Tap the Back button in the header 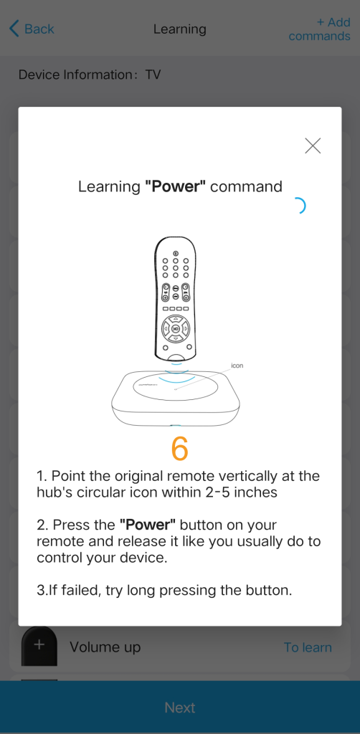click(x=32, y=29)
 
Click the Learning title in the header click(x=180, y=29)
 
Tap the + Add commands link click(x=320, y=29)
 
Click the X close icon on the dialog click(x=313, y=146)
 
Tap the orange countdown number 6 click(x=180, y=448)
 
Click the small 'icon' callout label click(x=237, y=365)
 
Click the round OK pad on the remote click(x=175, y=328)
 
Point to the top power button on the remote click(x=176, y=253)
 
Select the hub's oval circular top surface click(x=176, y=386)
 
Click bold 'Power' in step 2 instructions click(x=148, y=525)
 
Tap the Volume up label click(x=105, y=647)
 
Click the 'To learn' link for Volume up click(x=308, y=647)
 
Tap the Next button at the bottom click(x=180, y=707)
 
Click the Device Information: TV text click(x=90, y=75)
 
